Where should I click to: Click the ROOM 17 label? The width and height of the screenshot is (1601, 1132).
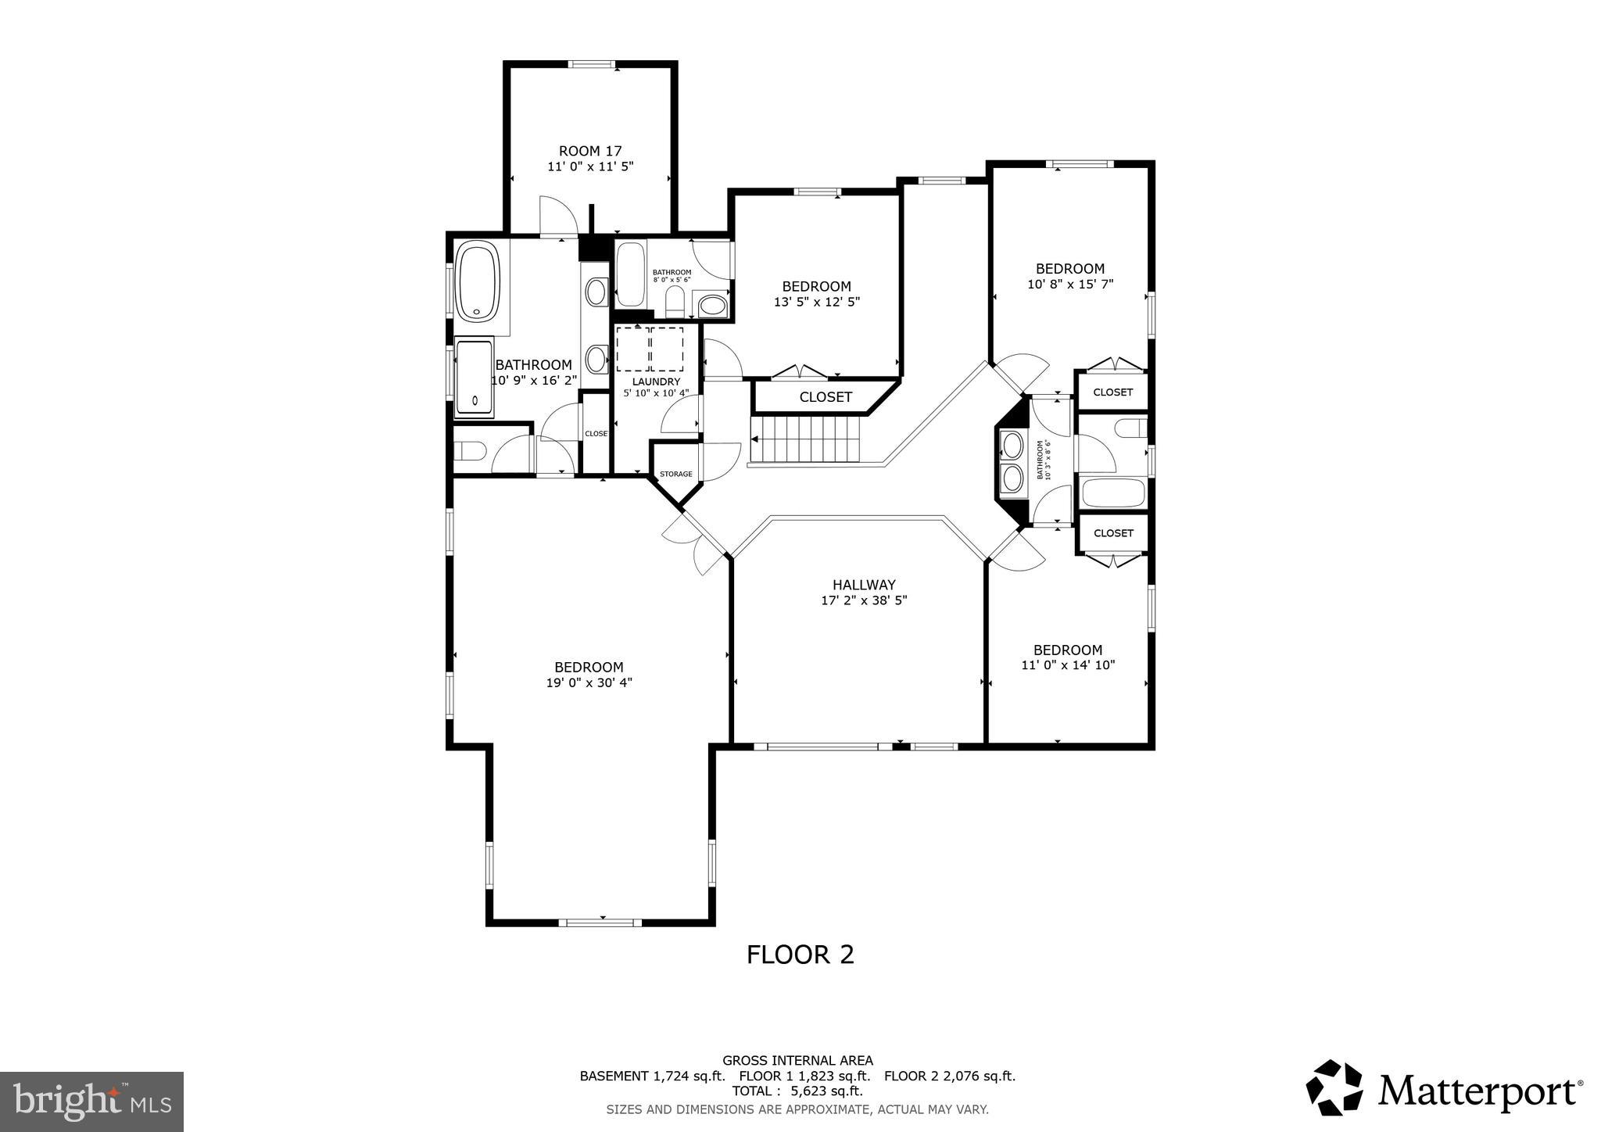590,151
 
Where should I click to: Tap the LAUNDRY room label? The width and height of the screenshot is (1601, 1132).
656,382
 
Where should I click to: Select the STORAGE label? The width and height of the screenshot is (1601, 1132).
675,474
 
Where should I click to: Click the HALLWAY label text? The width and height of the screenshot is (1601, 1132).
864,585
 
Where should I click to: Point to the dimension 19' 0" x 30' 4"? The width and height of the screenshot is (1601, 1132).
589,682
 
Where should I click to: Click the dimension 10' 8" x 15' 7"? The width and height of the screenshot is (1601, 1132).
1069,285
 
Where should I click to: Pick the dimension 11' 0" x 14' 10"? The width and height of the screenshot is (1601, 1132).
1068,665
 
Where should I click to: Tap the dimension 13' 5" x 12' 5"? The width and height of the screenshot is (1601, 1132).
816,302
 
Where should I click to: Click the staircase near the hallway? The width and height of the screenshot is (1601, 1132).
805,439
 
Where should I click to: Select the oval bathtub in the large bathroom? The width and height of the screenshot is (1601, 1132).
478,281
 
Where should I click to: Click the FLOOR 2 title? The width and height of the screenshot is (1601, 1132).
800,955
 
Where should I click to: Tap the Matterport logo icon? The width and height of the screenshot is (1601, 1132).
1334,1087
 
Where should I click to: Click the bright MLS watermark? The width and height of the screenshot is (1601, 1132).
91,1102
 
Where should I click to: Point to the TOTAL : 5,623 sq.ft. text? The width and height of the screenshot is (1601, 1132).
797,1091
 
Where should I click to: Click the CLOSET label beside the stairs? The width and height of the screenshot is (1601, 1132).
825,397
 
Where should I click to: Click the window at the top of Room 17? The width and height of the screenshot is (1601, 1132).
592,65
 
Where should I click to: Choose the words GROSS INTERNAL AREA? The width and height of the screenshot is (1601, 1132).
797,1061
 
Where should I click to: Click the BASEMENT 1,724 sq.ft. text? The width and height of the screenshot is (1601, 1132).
652,1076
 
